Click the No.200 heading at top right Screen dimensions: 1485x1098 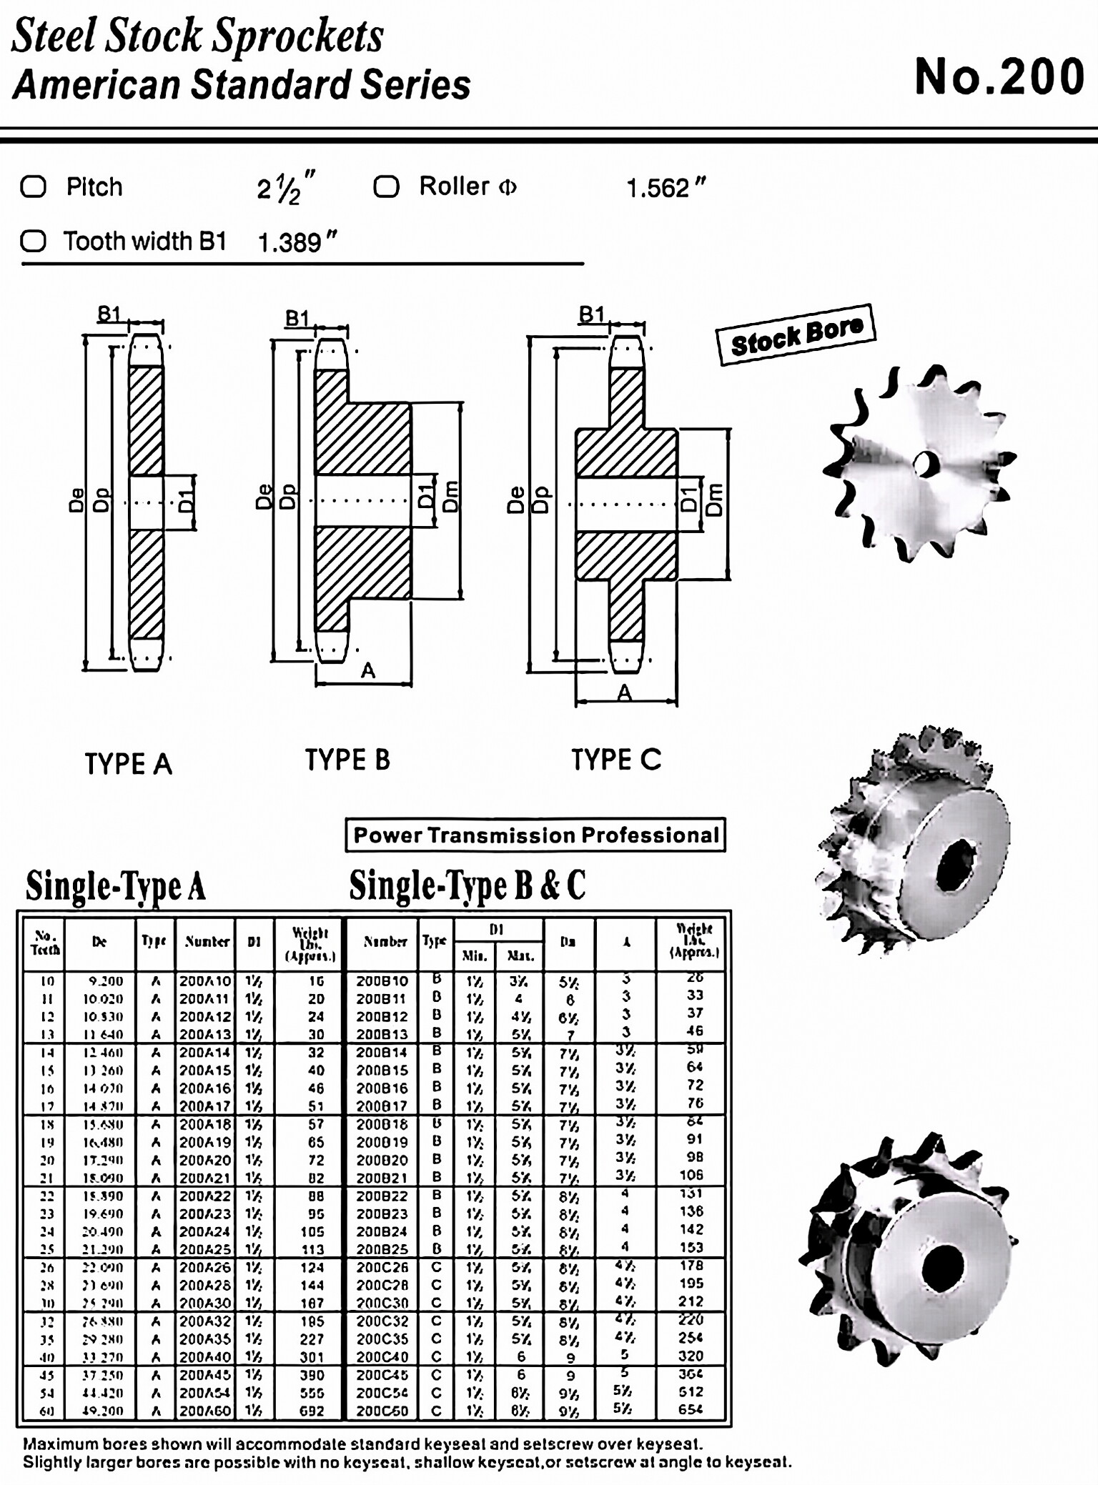tap(999, 76)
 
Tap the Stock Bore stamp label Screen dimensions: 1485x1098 tap(796, 334)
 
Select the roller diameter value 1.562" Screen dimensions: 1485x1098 tap(666, 188)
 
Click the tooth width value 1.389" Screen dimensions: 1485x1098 tap(296, 242)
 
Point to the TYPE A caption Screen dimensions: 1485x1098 tap(129, 763)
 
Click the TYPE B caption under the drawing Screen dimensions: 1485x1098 tap(347, 759)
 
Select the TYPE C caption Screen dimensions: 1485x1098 tap(616, 759)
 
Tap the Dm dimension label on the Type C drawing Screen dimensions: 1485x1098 tap(715, 500)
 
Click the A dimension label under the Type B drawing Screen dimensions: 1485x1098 tap(367, 670)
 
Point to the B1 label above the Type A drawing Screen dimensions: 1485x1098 tap(109, 314)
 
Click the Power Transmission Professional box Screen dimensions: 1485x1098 tap(535, 835)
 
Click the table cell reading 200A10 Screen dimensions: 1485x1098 tap(205, 980)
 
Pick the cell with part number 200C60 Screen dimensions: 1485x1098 tap(382, 1411)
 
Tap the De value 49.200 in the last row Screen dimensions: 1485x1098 tap(99, 1411)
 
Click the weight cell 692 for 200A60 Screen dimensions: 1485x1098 tap(312, 1411)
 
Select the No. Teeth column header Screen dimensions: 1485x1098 tap(45, 943)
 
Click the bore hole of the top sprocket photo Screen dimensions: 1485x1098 tap(926, 462)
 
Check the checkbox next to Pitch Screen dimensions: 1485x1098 tap(34, 187)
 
